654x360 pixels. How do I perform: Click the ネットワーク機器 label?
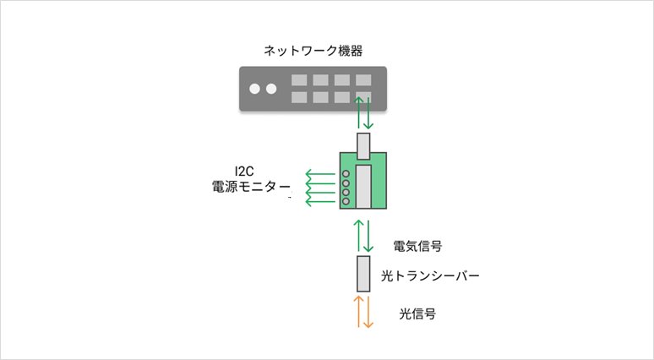point(313,51)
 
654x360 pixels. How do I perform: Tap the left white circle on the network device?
point(254,89)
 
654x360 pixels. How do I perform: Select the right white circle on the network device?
point(271,89)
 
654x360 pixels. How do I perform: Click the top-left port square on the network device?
point(299,80)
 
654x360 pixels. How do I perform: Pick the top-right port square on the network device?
point(363,80)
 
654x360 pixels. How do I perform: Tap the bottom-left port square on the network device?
point(299,97)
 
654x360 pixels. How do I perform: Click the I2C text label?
point(244,172)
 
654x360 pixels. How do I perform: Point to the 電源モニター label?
point(251,187)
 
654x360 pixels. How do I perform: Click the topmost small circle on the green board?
point(346,174)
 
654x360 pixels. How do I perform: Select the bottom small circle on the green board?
point(346,201)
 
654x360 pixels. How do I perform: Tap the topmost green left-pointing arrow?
point(320,174)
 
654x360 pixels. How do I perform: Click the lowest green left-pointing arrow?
point(320,201)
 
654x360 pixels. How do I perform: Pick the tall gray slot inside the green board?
point(363,187)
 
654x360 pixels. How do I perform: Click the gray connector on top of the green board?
point(363,146)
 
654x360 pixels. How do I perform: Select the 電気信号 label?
point(417,246)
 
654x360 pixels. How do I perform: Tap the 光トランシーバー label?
point(430,275)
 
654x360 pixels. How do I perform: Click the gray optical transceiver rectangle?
point(363,274)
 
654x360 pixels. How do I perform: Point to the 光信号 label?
point(417,314)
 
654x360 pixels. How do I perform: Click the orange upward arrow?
point(359,312)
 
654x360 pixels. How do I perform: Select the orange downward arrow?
point(368,312)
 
